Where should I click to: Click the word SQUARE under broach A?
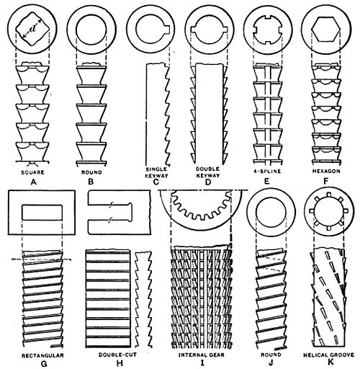click(32, 172)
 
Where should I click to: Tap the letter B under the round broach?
click(91, 182)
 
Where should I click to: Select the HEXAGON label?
click(326, 171)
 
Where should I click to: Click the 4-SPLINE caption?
click(267, 172)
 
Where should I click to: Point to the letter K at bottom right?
click(330, 362)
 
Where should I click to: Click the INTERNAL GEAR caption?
click(202, 355)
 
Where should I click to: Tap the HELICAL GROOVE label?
click(328, 355)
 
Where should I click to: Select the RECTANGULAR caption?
click(42, 355)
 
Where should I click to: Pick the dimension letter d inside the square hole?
click(31, 30)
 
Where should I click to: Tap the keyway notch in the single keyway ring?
click(167, 29)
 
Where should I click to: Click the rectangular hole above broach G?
click(42, 213)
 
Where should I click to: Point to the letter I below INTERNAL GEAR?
click(202, 362)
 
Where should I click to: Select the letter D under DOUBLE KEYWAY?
click(208, 182)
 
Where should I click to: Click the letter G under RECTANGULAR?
click(44, 363)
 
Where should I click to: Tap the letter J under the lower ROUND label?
click(271, 362)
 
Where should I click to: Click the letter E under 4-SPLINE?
click(266, 181)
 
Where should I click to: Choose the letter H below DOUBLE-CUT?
click(120, 363)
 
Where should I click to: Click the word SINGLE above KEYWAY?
click(156, 169)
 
